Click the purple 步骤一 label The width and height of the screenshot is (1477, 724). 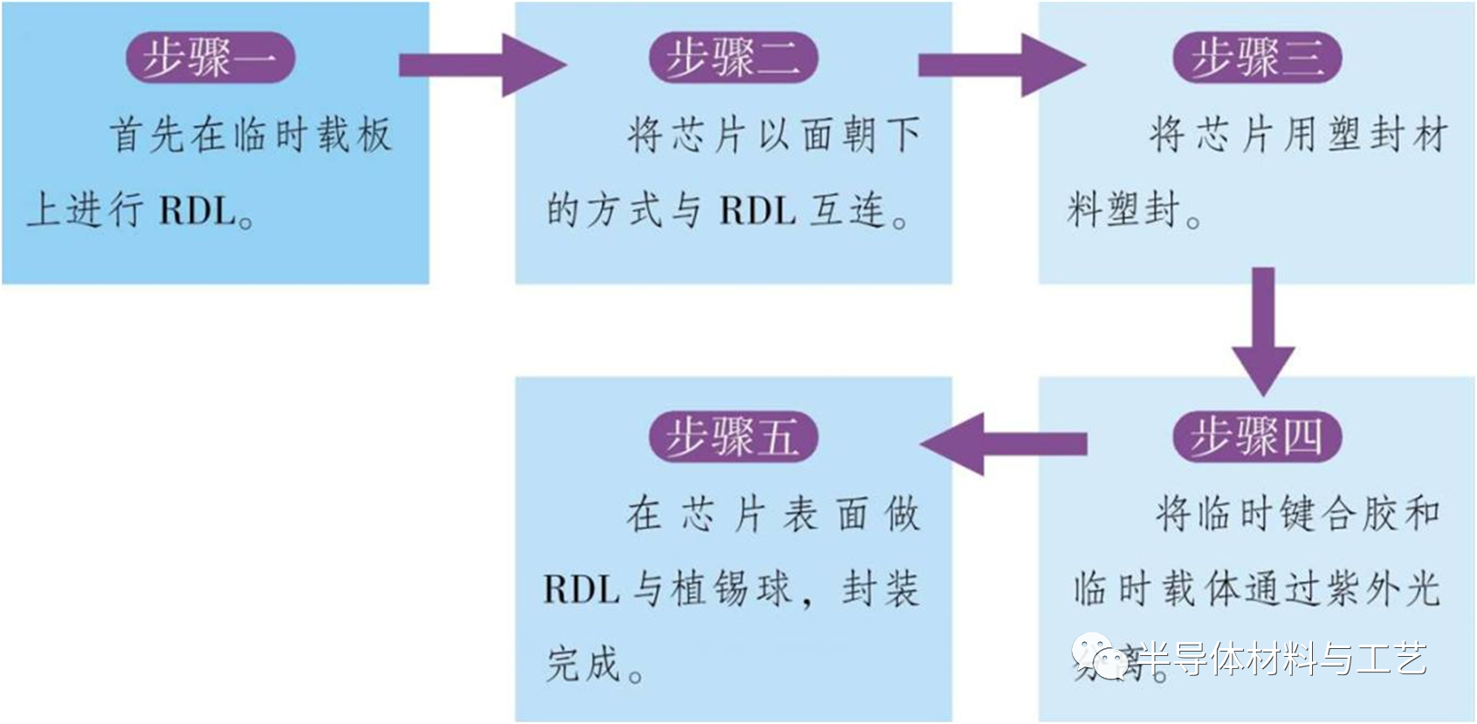point(210,58)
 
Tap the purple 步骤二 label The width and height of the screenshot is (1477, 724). point(733,58)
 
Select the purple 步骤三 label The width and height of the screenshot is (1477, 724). point(1256,58)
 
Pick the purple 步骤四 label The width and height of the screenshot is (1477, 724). point(1256,436)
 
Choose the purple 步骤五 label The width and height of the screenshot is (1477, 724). point(733,436)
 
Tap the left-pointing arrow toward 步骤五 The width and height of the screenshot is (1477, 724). point(1004,444)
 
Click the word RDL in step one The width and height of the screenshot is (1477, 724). point(197,211)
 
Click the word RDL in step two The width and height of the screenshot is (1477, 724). point(757,211)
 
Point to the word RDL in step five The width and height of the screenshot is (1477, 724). point(580,590)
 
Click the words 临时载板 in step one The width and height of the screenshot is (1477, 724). point(313,135)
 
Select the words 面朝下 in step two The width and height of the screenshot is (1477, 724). point(860,135)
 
